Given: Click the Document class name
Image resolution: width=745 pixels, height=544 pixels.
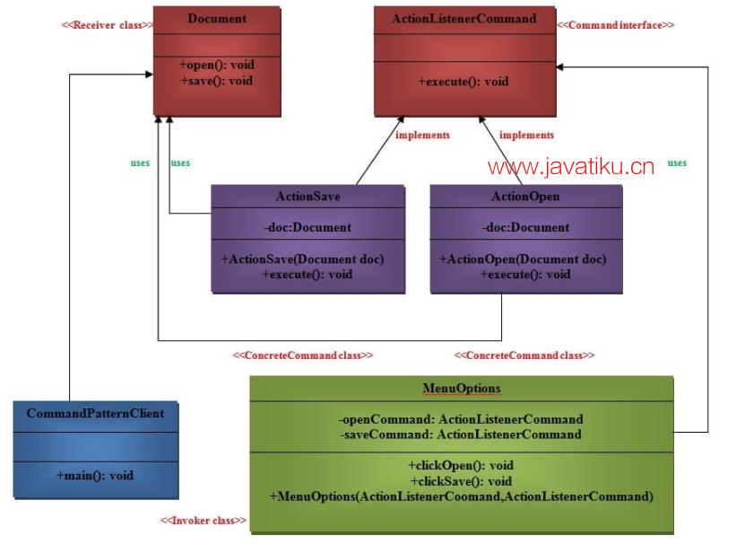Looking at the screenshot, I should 217,19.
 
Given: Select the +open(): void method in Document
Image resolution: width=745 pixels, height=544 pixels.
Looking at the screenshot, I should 217,66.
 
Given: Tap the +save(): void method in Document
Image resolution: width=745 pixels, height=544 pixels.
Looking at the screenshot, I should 217,81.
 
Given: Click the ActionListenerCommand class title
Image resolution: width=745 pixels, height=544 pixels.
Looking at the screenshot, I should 463,19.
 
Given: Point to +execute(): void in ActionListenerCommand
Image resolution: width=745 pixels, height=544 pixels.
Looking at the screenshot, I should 463,81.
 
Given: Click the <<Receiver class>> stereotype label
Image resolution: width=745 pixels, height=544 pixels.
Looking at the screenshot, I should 107,25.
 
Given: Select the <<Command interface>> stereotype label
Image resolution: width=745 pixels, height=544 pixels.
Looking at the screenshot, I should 615,25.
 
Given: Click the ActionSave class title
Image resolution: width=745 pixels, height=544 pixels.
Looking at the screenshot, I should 308,197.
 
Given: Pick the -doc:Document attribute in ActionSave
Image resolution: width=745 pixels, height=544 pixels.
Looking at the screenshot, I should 308,227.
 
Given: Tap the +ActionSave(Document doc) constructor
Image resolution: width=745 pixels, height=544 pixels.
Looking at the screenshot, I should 302,259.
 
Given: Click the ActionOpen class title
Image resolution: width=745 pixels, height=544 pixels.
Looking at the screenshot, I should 525,197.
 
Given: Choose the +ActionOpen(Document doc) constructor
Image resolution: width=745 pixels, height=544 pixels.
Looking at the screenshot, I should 522,259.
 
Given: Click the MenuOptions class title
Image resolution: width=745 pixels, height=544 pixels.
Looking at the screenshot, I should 461,389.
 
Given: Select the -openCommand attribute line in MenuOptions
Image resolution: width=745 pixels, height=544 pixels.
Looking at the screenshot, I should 460,419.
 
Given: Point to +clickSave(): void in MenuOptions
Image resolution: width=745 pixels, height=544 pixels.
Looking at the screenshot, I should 461,480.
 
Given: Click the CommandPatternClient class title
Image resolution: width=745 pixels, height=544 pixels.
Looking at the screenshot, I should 95,414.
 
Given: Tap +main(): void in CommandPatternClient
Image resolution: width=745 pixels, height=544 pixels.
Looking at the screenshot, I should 95,475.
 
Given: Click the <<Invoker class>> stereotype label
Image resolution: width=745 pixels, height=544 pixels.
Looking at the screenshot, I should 203,521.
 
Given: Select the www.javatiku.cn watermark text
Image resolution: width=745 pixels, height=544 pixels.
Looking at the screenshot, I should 571,166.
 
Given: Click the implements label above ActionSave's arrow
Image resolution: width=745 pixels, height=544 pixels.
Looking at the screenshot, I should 422,136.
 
